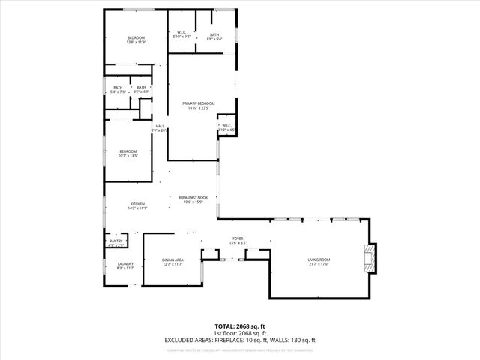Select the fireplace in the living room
click(368, 258)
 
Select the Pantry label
click(115, 242)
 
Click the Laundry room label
click(125, 265)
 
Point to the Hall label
click(160, 127)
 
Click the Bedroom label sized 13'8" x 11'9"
click(136, 40)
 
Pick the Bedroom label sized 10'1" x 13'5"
click(129, 154)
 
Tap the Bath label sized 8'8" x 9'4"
click(214, 36)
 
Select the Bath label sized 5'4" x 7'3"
click(118, 89)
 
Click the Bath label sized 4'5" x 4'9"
click(141, 89)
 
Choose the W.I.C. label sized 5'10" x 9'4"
click(181, 34)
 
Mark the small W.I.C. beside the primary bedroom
click(226, 127)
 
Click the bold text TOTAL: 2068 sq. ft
click(240, 326)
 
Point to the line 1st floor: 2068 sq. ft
click(240, 333)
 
